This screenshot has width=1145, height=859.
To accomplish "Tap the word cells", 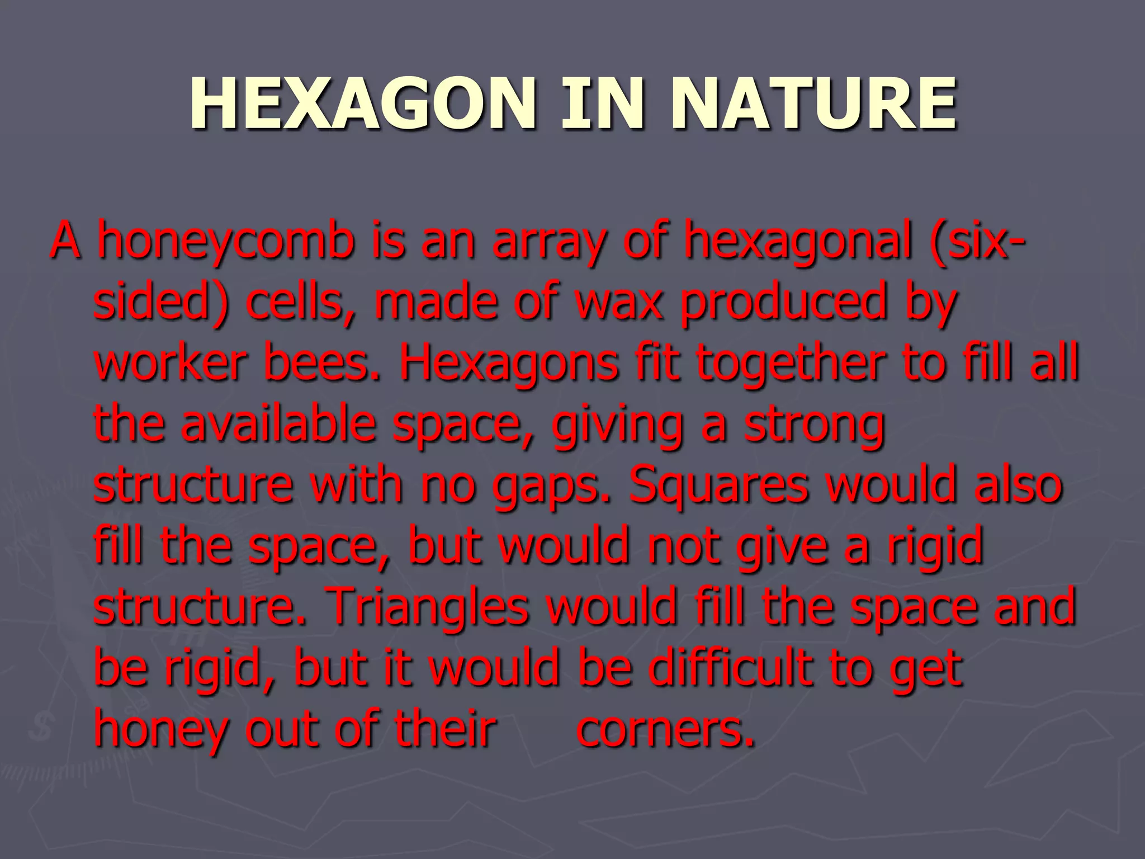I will pos(301,303).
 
